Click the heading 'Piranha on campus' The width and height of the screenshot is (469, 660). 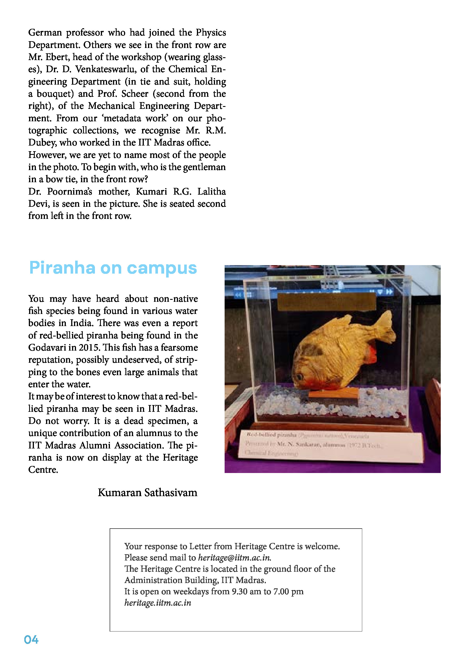coord(113,268)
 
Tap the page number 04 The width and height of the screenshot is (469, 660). coord(31,640)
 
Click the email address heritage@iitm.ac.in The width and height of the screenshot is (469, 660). coord(234,557)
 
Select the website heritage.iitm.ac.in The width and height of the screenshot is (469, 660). coord(158,603)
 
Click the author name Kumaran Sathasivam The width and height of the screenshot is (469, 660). coord(147,492)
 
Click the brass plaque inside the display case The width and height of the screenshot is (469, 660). coord(326,302)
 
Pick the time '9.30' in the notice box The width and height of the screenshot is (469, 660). coord(239,591)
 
